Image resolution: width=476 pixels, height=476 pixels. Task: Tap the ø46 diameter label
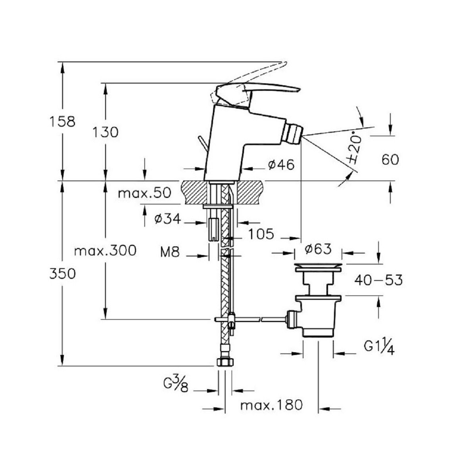(281, 165)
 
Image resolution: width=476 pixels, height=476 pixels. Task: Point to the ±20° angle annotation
(356, 148)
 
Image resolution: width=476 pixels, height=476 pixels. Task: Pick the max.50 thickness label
(144, 193)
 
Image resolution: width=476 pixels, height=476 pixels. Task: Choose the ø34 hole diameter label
(167, 219)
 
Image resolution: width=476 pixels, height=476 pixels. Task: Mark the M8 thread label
(170, 252)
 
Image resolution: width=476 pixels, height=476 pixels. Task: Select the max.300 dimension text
(106, 250)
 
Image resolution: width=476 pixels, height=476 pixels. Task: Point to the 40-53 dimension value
(378, 280)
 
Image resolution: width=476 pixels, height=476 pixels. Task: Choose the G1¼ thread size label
(379, 348)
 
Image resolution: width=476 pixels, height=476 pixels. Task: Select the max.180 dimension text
(272, 405)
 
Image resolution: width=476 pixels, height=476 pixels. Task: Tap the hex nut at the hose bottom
(225, 362)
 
